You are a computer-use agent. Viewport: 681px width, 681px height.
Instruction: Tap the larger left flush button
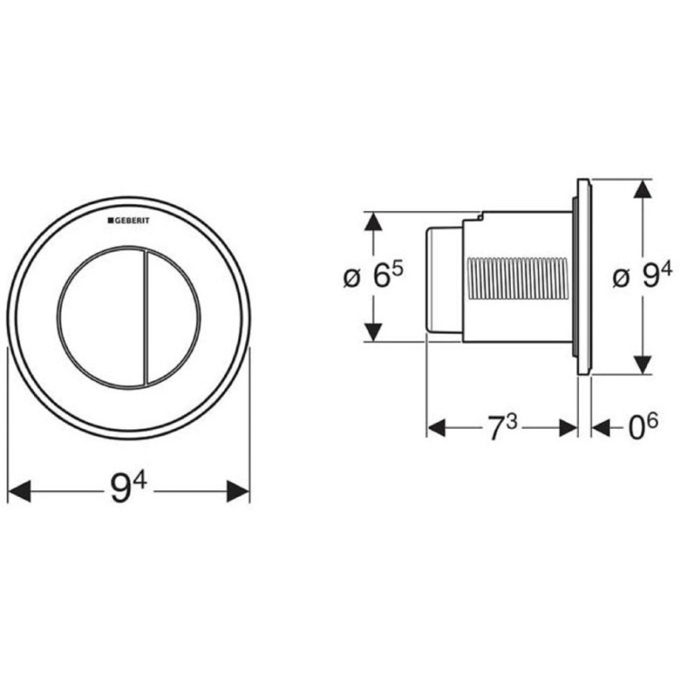click(101, 318)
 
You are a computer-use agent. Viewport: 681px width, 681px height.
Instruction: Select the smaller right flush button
click(173, 318)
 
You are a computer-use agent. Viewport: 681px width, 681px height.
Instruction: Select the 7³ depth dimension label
click(502, 427)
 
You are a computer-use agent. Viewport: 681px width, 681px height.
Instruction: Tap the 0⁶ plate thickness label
click(643, 427)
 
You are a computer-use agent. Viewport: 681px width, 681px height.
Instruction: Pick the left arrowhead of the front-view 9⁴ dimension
click(20, 491)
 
